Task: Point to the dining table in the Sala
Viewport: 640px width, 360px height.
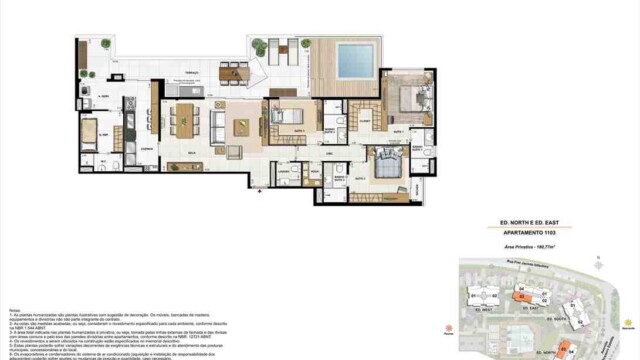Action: pos(185,122)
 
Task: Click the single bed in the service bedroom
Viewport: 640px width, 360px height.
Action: pos(89,131)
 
